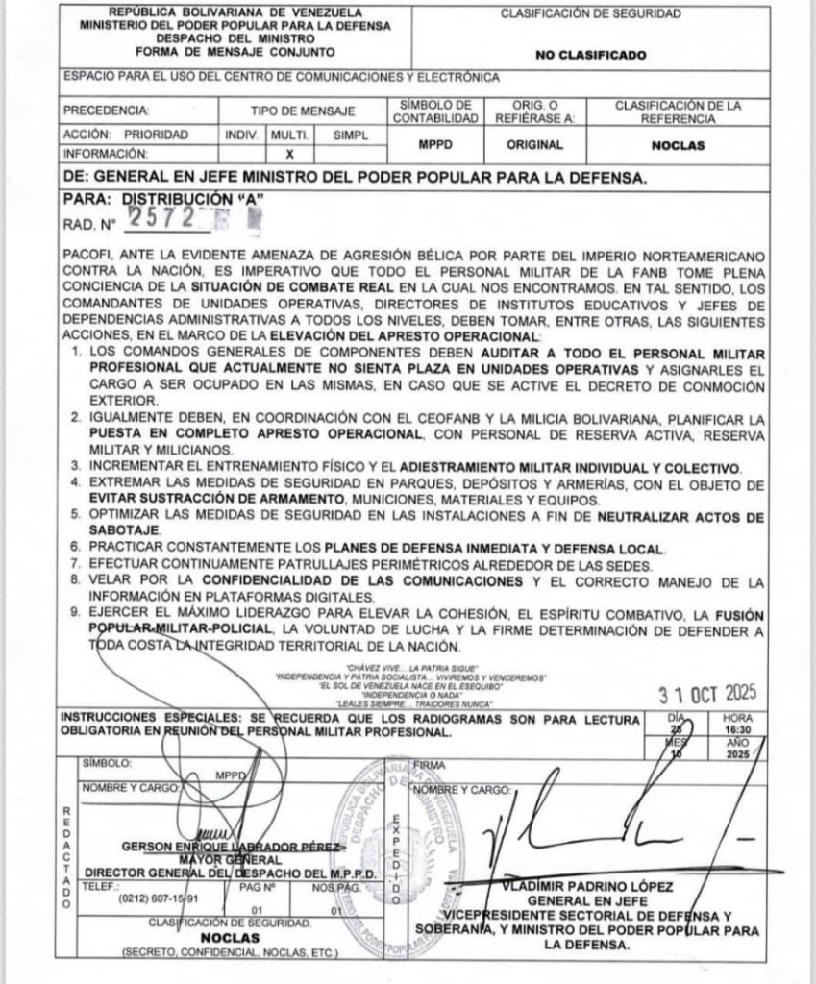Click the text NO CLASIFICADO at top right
coord(605,55)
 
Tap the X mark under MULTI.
coord(289,153)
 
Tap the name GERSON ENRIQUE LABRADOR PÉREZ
coord(232,847)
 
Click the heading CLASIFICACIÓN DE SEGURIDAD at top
coord(605,14)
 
